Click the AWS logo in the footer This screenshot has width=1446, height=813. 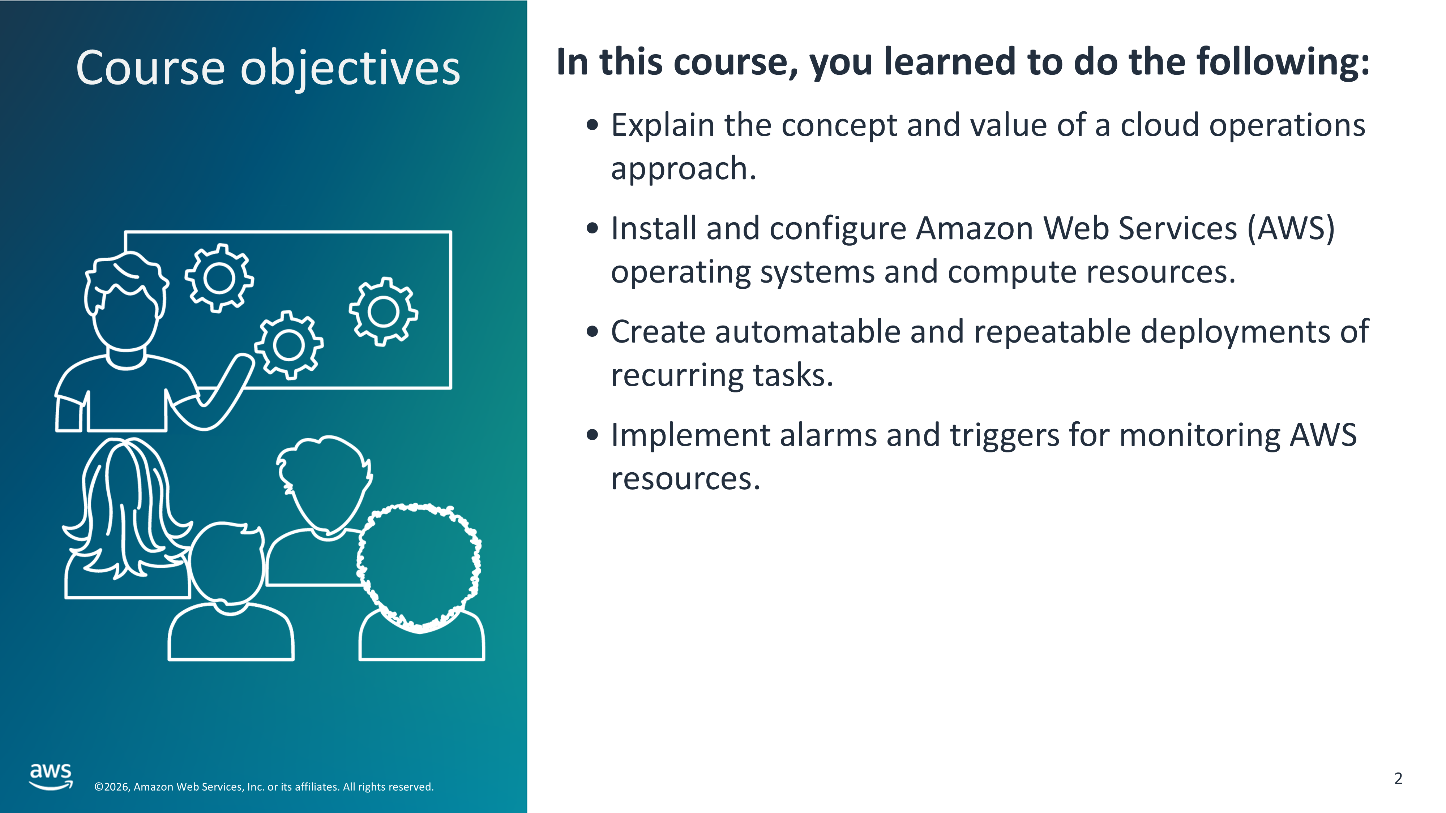point(51,776)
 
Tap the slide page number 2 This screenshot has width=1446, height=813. point(1398,778)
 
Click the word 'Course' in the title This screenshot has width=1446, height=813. point(150,68)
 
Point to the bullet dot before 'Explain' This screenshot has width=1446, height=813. point(592,125)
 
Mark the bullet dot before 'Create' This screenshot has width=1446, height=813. point(592,332)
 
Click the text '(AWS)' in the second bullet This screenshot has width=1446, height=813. point(1291,229)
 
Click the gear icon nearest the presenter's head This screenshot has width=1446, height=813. point(219,278)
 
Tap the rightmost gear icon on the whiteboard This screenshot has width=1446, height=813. point(384,311)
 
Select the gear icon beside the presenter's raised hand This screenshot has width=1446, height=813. point(289,345)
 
